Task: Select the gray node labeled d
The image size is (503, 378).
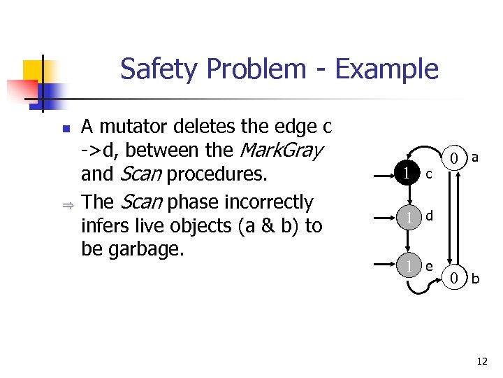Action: [407, 218]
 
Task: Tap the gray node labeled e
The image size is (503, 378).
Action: [407, 264]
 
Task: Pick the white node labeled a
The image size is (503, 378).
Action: [454, 158]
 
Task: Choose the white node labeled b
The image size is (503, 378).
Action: [454, 279]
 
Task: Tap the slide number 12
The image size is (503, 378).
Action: [481, 361]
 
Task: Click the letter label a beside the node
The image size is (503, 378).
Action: [475, 158]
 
